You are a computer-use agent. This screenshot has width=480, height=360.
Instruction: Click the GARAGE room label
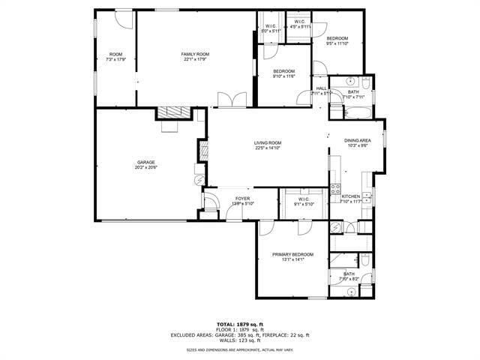[145, 163]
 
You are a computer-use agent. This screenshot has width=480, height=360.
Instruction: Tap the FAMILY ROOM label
[194, 54]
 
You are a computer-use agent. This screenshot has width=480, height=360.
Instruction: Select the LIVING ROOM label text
[267, 142]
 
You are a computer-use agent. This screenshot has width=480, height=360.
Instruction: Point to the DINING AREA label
[357, 140]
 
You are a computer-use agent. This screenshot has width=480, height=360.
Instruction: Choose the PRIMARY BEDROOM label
[292, 255]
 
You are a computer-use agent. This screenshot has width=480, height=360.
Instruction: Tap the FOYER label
[242, 199]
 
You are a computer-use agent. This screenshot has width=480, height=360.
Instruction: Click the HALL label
[321, 88]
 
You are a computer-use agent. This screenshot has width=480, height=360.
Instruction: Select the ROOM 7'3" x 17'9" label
[115, 54]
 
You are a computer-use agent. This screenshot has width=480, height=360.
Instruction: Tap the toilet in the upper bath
[365, 82]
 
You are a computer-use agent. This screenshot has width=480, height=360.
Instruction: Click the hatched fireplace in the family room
[173, 112]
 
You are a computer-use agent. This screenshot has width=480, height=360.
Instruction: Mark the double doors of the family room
[226, 100]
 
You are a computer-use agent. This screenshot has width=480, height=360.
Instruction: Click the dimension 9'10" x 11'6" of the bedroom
[283, 76]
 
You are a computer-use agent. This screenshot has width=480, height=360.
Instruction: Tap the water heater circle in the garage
[198, 180]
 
